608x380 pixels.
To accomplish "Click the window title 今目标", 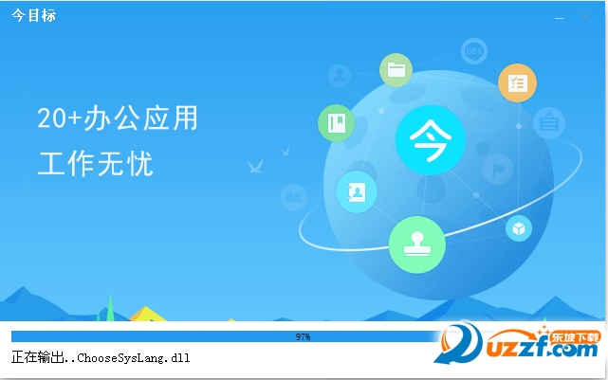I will (x=34, y=16).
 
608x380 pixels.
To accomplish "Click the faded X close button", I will (x=584, y=16).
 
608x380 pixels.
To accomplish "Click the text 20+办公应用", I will (x=118, y=118).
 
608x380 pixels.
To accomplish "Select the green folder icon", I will (x=396, y=69).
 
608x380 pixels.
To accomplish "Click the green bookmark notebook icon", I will (x=336, y=121).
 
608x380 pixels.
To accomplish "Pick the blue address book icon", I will (x=357, y=192).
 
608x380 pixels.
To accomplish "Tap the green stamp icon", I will (x=416, y=243).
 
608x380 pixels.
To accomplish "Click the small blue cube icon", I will (x=519, y=227).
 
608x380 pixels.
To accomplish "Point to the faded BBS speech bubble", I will (x=474, y=51).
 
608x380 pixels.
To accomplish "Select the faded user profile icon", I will (x=339, y=75).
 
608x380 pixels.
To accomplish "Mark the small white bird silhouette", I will (x=254, y=167).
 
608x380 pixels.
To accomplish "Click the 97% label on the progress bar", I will (x=303, y=336).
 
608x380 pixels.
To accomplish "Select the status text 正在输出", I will (x=36, y=358).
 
